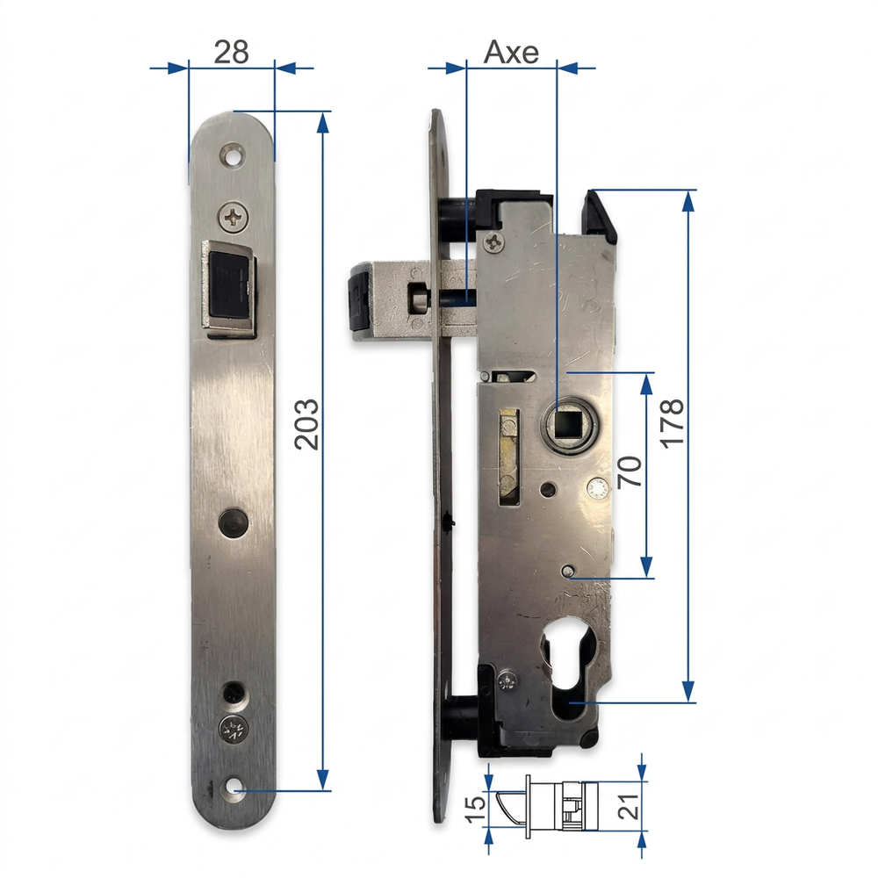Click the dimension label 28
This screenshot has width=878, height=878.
[231, 52]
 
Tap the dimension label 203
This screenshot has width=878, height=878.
[306, 424]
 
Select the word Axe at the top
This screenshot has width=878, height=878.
[511, 52]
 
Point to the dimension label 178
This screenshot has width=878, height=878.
[672, 424]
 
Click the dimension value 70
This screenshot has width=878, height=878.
[630, 472]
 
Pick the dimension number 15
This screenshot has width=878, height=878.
[476, 808]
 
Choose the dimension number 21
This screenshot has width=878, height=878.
[629, 806]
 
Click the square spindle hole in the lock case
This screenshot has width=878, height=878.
[567, 424]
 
